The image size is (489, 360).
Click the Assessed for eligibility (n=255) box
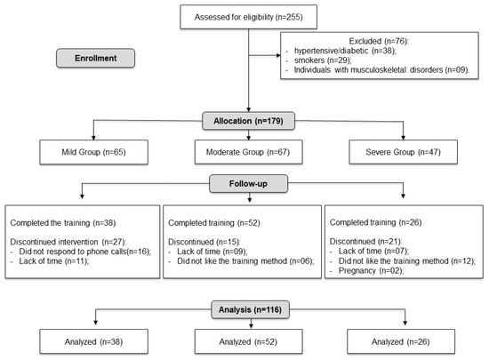pos(249,17)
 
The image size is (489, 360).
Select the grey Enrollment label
pos(95,58)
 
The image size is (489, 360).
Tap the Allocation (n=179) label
pos(249,121)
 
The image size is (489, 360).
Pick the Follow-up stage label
pos(248,184)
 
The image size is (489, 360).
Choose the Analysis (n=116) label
pos(250,309)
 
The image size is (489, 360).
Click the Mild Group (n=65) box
pos(93,152)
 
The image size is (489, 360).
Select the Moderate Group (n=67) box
pos(249,152)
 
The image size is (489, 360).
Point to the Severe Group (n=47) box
pos(404,152)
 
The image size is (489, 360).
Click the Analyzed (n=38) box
pos(93,341)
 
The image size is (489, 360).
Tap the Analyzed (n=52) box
pos(249,341)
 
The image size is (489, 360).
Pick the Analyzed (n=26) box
pos(401,341)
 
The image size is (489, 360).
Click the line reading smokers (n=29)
pos(323,60)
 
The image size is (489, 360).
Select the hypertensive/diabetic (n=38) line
pos(345,51)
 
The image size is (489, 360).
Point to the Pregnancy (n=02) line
pos(371,270)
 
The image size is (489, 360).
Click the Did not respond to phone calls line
pos(85,252)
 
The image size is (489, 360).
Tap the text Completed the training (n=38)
pos(63,223)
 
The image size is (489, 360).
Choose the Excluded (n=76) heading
pos(379,41)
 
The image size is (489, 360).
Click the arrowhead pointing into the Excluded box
pos(278,55)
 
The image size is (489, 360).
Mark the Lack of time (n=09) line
pos(212,252)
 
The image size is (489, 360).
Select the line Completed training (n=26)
pos(375,222)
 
